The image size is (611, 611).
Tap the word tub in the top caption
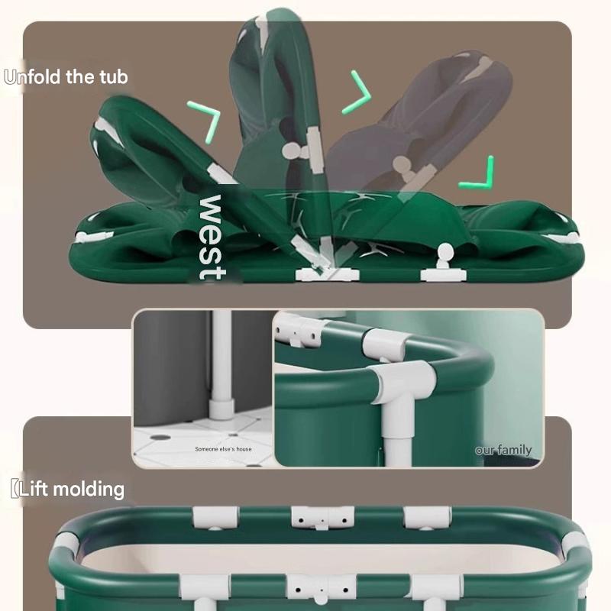click(113, 77)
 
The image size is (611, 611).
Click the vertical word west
click(212, 237)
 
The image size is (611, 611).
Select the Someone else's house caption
click(223, 449)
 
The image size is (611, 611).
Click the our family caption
click(503, 451)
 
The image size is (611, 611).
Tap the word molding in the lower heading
click(89, 490)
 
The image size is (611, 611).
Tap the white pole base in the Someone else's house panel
click(221, 409)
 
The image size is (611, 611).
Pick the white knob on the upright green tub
click(294, 150)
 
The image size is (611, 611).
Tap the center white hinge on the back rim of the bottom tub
click(322, 518)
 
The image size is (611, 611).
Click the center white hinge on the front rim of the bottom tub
click(321, 589)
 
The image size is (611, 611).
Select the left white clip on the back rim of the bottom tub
click(215, 518)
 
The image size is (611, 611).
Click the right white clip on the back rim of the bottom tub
click(427, 518)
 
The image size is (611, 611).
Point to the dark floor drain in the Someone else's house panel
click(160, 437)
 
